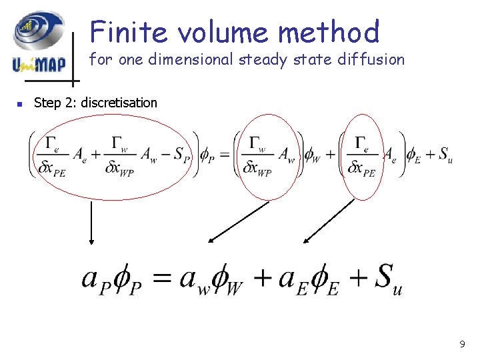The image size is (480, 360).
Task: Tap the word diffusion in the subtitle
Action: click(x=373, y=59)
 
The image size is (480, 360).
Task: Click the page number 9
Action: click(x=462, y=345)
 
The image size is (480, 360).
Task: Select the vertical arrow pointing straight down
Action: click(x=91, y=224)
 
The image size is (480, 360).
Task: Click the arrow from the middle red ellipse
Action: click(x=239, y=221)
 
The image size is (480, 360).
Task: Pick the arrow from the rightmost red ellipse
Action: click(x=329, y=221)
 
